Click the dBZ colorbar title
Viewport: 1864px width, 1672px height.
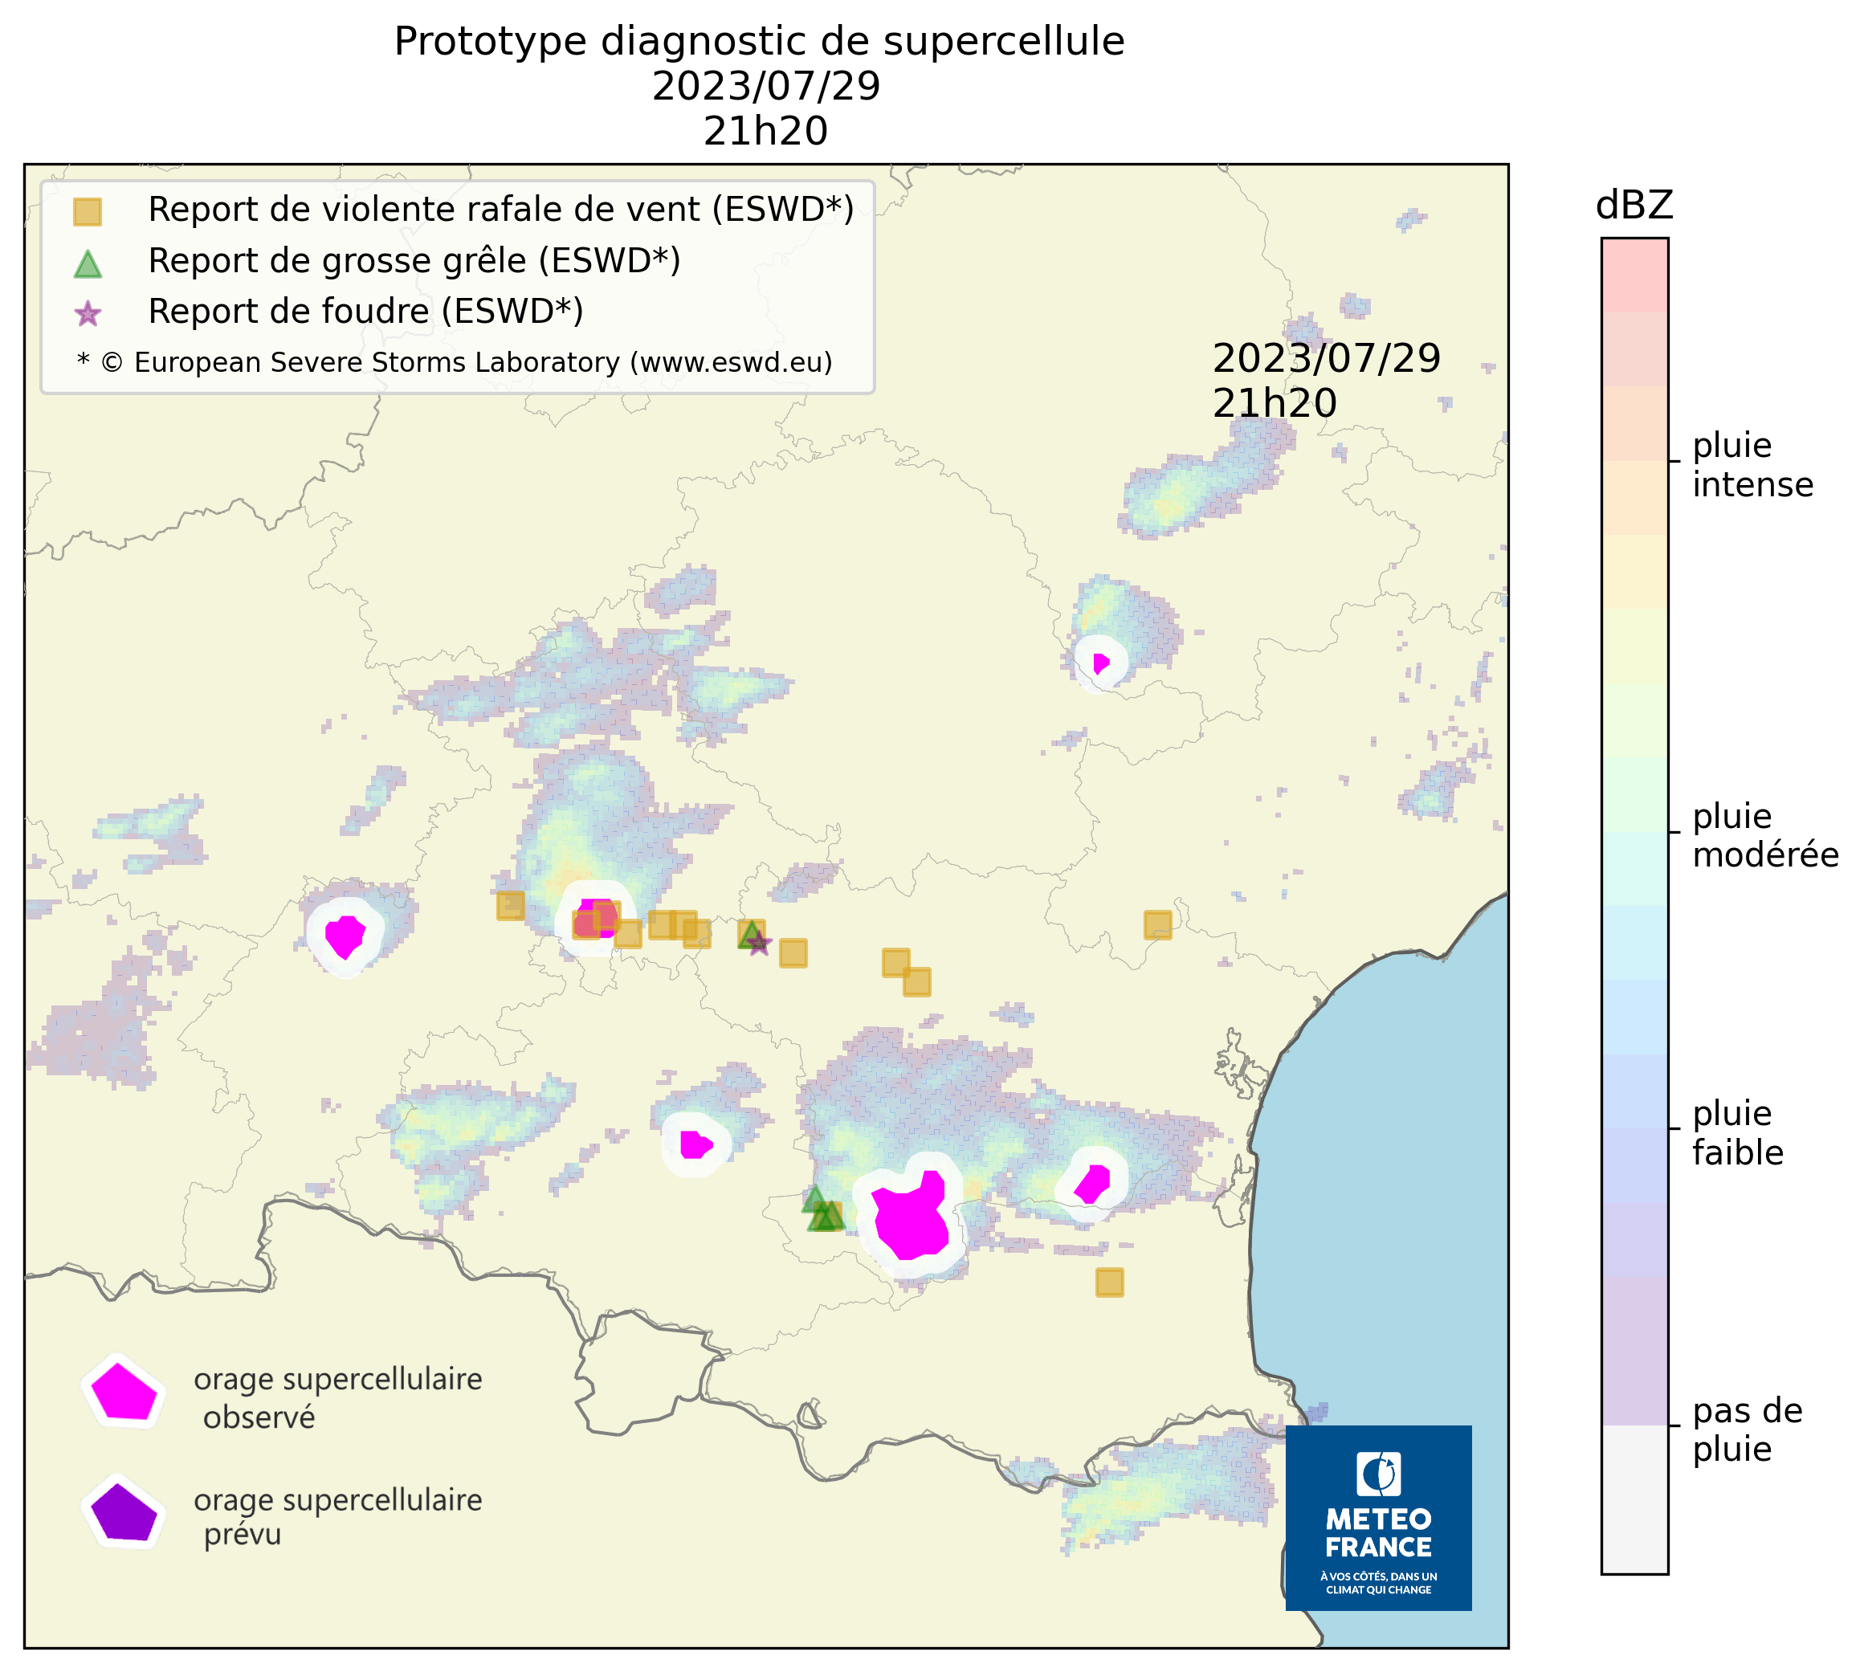pyautogui.click(x=1634, y=205)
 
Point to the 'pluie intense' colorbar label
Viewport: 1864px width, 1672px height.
pyautogui.click(x=1752, y=465)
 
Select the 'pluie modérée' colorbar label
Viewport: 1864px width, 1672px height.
pyautogui.click(x=1764, y=835)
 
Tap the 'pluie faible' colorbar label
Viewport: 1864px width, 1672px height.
pyautogui.click(x=1737, y=1132)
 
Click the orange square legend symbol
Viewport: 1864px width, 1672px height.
pyautogui.click(x=88, y=212)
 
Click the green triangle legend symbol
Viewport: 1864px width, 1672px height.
pyautogui.click(x=88, y=264)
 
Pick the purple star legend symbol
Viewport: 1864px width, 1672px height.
pyautogui.click(x=88, y=314)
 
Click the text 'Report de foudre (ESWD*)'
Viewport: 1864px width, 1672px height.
pyautogui.click(x=365, y=312)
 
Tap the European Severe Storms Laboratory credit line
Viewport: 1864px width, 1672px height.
pyautogui.click(x=455, y=363)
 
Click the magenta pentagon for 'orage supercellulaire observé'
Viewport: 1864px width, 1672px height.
pyautogui.click(x=123, y=1392)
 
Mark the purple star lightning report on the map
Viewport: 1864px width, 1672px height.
pyautogui.click(x=758, y=944)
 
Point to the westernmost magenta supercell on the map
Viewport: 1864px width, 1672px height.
pyautogui.click(x=345, y=936)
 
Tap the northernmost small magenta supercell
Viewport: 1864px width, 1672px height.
pyautogui.click(x=1099, y=663)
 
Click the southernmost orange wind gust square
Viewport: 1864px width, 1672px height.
pyautogui.click(x=1109, y=1283)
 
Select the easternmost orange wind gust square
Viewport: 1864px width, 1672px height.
pyautogui.click(x=1157, y=925)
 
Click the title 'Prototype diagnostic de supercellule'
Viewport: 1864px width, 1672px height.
pyautogui.click(x=759, y=41)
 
